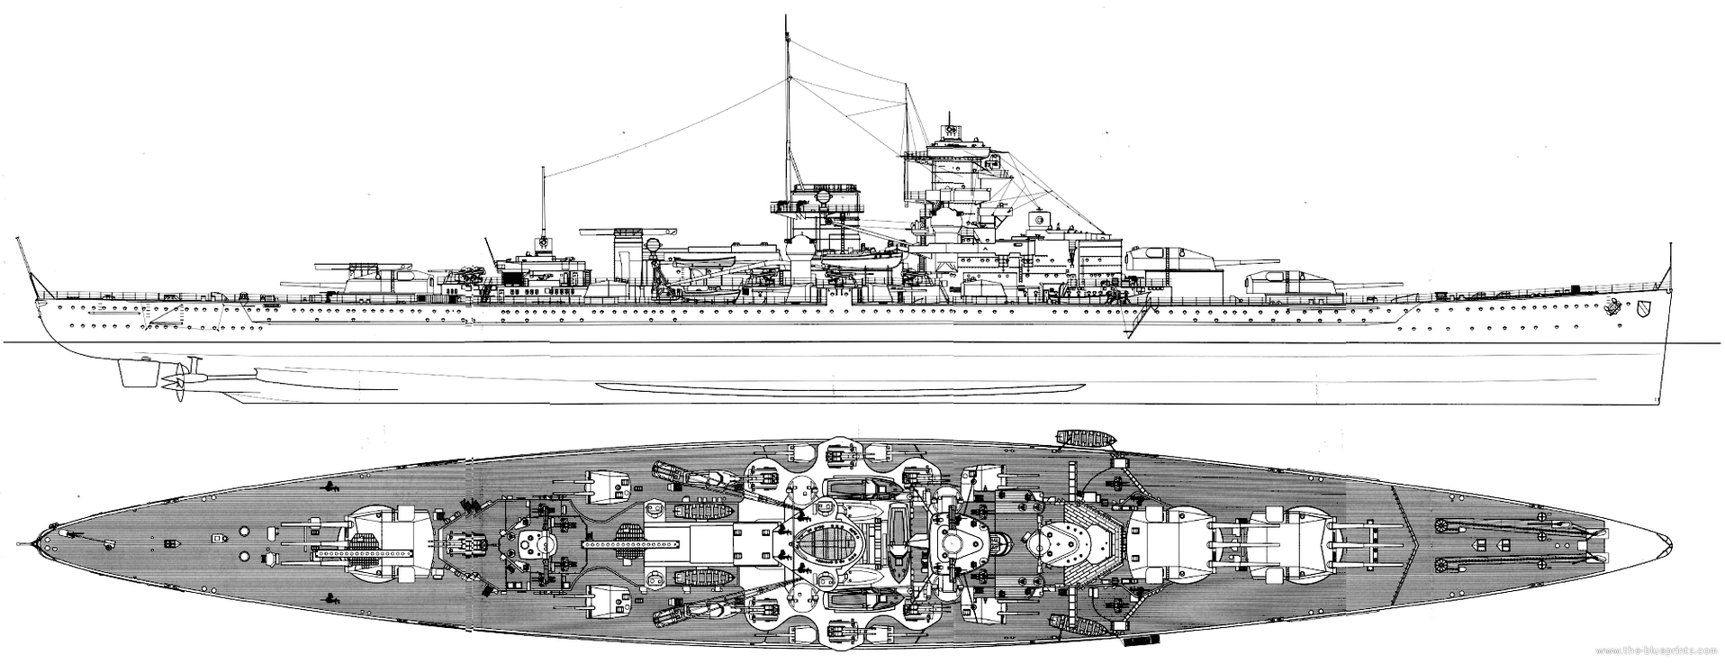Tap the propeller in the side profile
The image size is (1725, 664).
176,377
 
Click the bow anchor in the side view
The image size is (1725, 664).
1614,306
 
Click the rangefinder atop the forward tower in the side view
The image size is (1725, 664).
951,131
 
